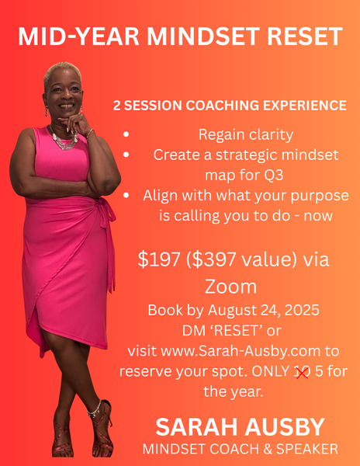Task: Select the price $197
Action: pyautogui.click(x=159, y=259)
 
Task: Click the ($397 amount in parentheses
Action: pyautogui.click(x=212, y=259)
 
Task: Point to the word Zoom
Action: pyautogui.click(x=230, y=286)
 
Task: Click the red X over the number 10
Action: pyautogui.click(x=302, y=372)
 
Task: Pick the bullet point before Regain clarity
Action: pyautogui.click(x=126, y=134)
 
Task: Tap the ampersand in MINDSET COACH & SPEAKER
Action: pyautogui.click(x=268, y=449)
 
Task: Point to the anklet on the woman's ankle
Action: pyautogui.click(x=95, y=409)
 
